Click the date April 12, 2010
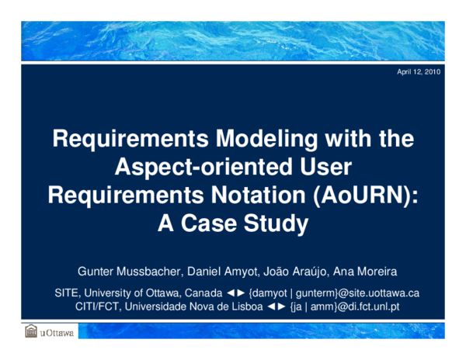pos(419,71)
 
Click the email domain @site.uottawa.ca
pos(377,293)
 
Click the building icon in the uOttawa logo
pos(30,331)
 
